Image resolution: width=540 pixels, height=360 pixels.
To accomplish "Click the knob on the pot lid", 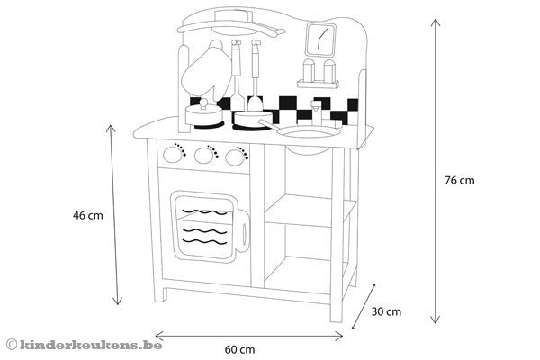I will [204, 104].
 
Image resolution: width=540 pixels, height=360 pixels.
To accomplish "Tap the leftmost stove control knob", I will [174, 155].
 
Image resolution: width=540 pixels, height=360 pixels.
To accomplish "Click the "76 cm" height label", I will [459, 181].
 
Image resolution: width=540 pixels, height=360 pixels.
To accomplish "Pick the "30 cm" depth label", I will [386, 311].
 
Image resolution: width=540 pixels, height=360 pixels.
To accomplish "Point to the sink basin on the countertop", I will [310, 134].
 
